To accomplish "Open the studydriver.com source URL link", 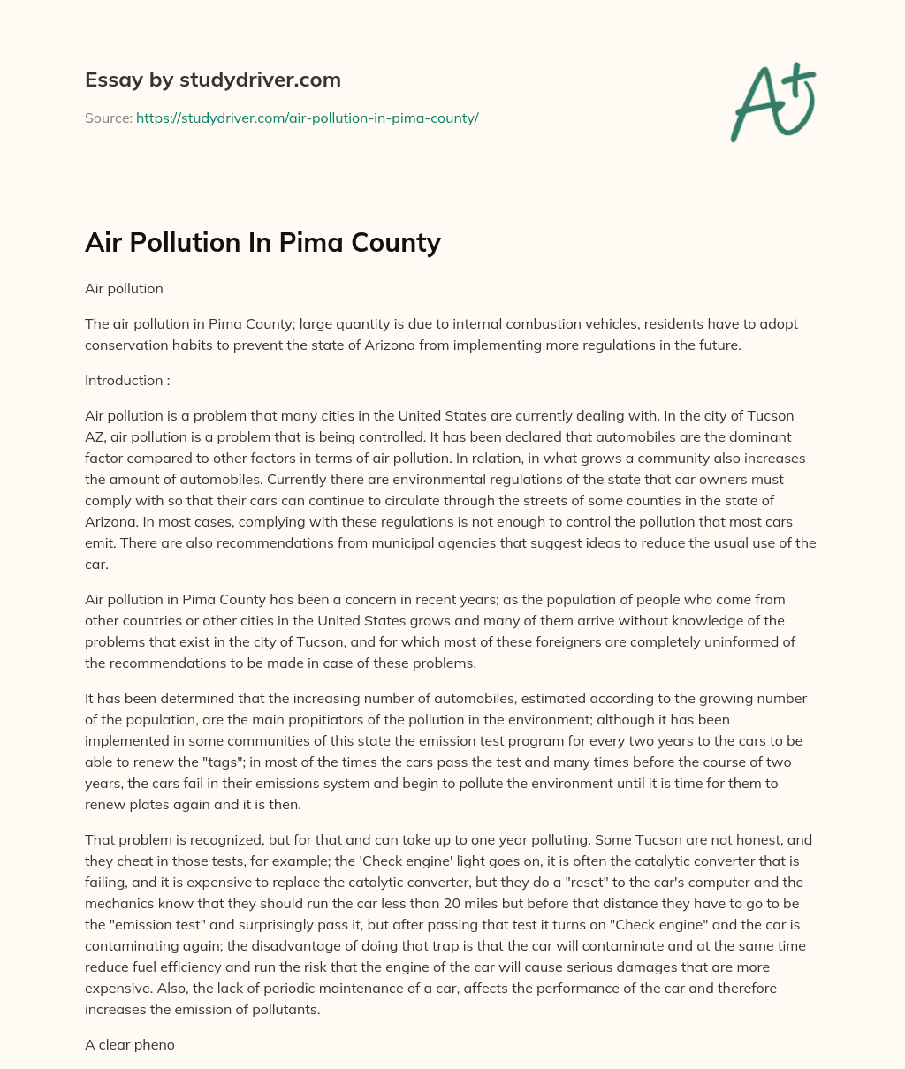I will coord(307,118).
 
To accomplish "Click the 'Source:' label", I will coord(108,118).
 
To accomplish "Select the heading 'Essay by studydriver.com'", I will coord(212,80).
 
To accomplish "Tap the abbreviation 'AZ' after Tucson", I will coord(95,437).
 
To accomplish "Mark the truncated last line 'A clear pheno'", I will coord(130,1044).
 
